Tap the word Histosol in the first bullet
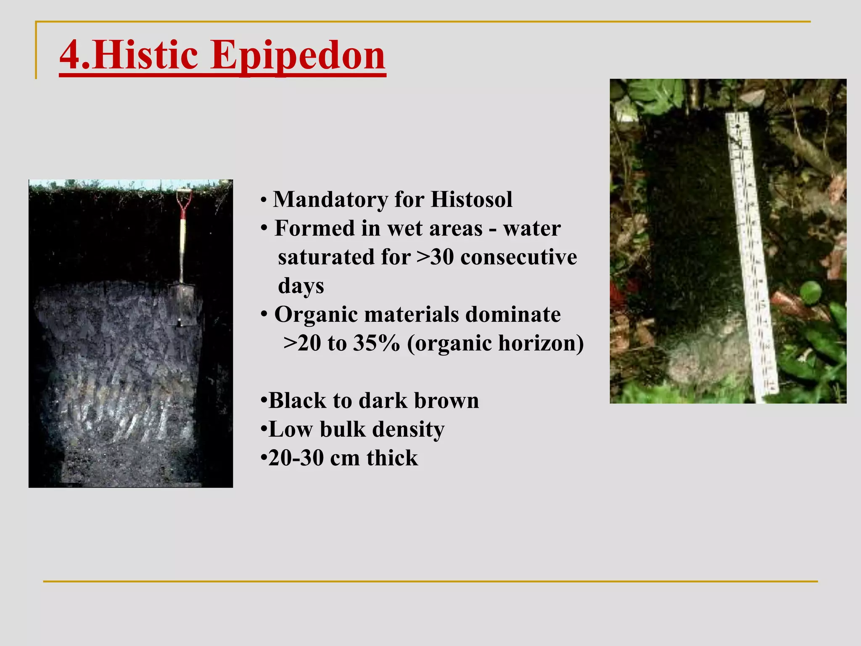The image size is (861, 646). pyautogui.click(x=471, y=199)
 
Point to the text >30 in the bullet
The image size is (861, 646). pyautogui.click(x=436, y=257)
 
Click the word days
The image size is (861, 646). pyautogui.click(x=301, y=286)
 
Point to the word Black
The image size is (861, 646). pyautogui.click(x=297, y=400)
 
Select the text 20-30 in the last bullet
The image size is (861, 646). pyautogui.click(x=296, y=458)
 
